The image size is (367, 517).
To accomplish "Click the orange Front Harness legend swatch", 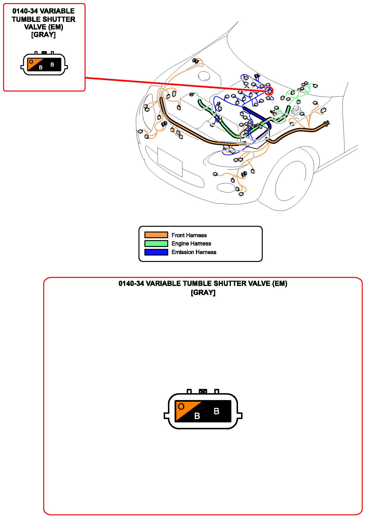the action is pyautogui.click(x=156, y=235).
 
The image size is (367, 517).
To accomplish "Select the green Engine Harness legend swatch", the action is pyautogui.click(x=156, y=243).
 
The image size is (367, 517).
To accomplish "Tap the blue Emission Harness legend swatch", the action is pyautogui.click(x=156, y=252).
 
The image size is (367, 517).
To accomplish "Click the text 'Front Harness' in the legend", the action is pyautogui.click(x=189, y=235).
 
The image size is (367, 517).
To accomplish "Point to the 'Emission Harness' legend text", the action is pyautogui.click(x=194, y=252).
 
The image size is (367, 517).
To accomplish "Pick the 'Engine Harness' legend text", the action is pyautogui.click(x=191, y=244).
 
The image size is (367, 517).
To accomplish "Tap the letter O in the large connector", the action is pyautogui.click(x=181, y=406).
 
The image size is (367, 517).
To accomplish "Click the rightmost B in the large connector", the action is pyautogui.click(x=216, y=411).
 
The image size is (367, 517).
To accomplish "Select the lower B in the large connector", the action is pyautogui.click(x=197, y=416).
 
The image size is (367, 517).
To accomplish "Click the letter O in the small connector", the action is pyautogui.click(x=31, y=62).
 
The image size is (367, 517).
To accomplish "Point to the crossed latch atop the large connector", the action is pyautogui.click(x=203, y=392).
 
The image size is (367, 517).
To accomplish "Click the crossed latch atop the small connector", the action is pyautogui.click(x=44, y=53).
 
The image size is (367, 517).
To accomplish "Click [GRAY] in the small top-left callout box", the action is pyautogui.click(x=43, y=35).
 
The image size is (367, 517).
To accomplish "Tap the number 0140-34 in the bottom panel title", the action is pyautogui.click(x=131, y=284).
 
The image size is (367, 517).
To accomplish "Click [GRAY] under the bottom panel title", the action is pyautogui.click(x=203, y=293).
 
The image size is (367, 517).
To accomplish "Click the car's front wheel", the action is pyautogui.click(x=291, y=181).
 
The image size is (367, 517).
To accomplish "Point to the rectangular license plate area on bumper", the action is pyautogui.click(x=170, y=162).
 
